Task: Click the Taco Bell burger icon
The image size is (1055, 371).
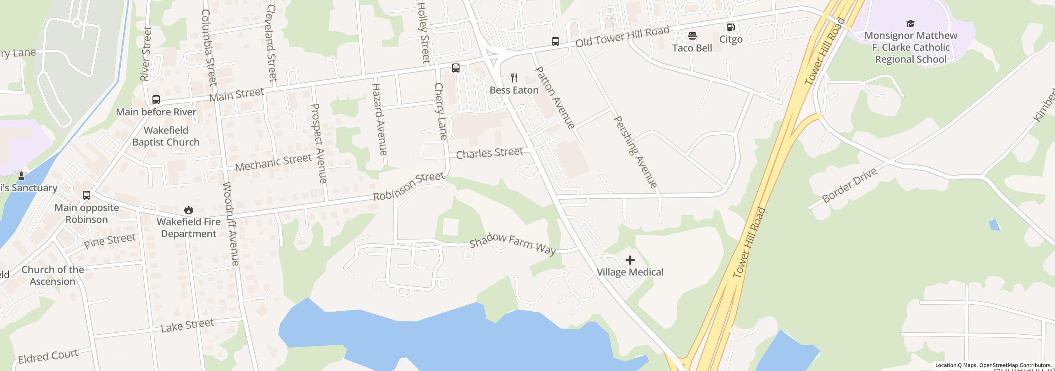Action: point(692,36)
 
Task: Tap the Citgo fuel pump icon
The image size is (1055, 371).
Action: point(731,27)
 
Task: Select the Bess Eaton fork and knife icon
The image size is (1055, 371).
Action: point(514,78)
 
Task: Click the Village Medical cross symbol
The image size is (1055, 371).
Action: point(630,260)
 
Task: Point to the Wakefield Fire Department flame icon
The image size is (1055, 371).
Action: point(189,210)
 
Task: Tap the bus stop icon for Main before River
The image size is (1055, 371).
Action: point(156,100)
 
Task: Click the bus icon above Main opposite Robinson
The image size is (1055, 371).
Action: point(87,195)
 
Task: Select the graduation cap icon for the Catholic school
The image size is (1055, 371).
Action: point(910,23)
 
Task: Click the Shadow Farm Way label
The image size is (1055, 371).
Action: point(513,244)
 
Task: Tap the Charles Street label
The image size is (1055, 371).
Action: point(489,153)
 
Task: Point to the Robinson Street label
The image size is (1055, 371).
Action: point(408,186)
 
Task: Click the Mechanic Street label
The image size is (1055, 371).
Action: point(273,162)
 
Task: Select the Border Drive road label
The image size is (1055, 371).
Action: point(849,185)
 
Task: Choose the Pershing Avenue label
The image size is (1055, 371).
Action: point(635,152)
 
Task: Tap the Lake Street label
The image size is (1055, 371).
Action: point(187,325)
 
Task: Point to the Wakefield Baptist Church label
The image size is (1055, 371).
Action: point(166,136)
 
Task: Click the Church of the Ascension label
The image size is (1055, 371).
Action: point(52,275)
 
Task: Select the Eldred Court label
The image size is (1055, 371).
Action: point(48,357)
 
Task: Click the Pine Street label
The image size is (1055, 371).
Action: point(110,241)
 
